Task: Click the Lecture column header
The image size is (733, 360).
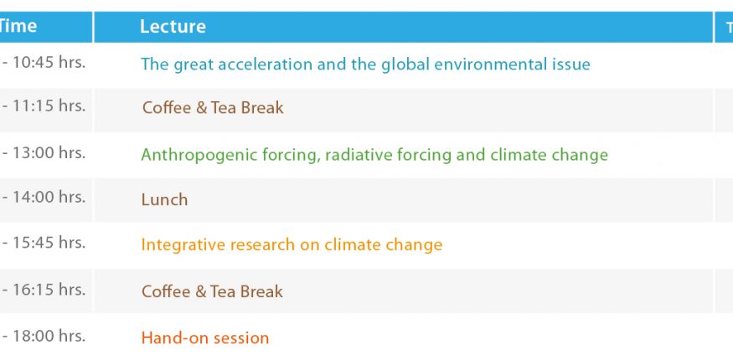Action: (173, 27)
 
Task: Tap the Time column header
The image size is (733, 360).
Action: (18, 26)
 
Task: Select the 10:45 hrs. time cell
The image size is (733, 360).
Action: (44, 63)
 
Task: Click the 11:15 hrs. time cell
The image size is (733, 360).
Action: (44, 106)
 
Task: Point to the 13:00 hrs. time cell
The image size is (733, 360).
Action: (44, 152)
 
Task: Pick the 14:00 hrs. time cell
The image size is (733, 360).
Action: (44, 197)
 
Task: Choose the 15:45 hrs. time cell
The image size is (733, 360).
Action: (44, 243)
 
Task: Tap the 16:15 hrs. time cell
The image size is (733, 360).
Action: (44, 290)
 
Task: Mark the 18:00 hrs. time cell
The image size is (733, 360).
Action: (44, 336)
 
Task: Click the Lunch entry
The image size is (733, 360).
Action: (164, 200)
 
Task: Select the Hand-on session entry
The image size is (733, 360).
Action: (205, 337)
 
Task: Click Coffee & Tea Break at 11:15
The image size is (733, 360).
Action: (213, 108)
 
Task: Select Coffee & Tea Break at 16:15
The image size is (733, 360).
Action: (212, 292)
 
